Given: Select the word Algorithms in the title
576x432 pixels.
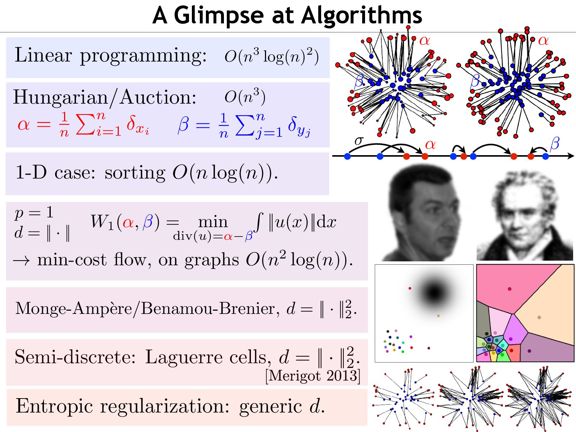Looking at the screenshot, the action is (x=361, y=15).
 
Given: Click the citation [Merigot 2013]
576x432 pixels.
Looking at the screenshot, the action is (x=312, y=375).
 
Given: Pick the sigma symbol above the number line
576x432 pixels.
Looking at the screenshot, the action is (x=359, y=140).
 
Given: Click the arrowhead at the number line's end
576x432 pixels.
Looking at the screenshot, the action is (x=570, y=156).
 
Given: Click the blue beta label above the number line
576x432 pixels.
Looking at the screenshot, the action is (x=554, y=144).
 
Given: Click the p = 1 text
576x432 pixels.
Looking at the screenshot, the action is (x=34, y=213).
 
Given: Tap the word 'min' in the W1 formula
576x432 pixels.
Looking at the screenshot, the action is (x=213, y=222).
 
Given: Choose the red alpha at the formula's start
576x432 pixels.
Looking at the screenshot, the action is (x=24, y=125).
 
